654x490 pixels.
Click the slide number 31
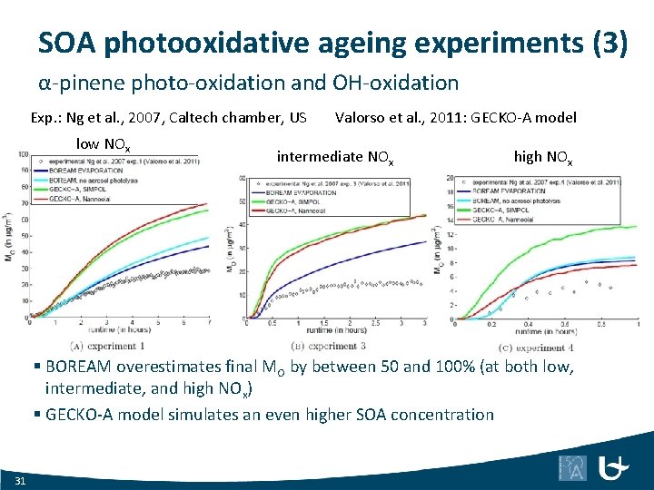[21, 478]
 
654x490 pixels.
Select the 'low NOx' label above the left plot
[103, 144]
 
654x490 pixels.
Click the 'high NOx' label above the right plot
[542, 157]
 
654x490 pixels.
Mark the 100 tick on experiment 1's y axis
[22, 153]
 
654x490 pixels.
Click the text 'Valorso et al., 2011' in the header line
[403, 117]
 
